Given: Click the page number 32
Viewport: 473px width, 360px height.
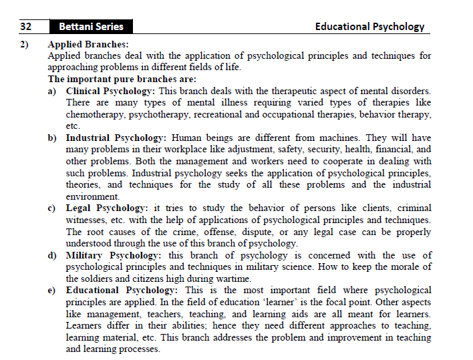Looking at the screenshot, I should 26,27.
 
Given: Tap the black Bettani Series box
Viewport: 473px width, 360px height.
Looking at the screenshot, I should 91,27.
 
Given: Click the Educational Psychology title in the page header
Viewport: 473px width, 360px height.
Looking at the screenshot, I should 369,27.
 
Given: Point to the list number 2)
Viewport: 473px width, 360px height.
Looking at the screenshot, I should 25,45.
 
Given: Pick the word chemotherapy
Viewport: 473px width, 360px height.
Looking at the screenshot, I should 94,115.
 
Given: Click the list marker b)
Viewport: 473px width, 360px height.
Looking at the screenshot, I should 52,138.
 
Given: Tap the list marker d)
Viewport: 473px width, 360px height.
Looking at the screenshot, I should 52,255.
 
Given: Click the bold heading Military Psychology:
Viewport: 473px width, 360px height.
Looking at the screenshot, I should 113,255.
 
